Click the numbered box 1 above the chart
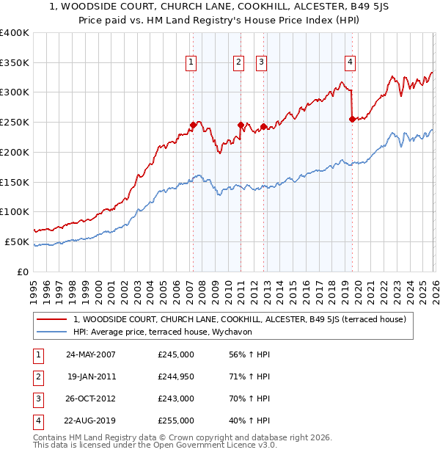(x=191, y=63)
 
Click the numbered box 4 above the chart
(x=351, y=63)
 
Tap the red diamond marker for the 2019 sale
(x=353, y=119)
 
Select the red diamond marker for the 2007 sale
(x=193, y=125)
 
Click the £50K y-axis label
(x=18, y=241)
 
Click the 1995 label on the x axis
(x=34, y=286)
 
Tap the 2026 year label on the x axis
(x=433, y=286)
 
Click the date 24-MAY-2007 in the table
(x=91, y=354)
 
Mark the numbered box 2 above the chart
(x=239, y=63)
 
